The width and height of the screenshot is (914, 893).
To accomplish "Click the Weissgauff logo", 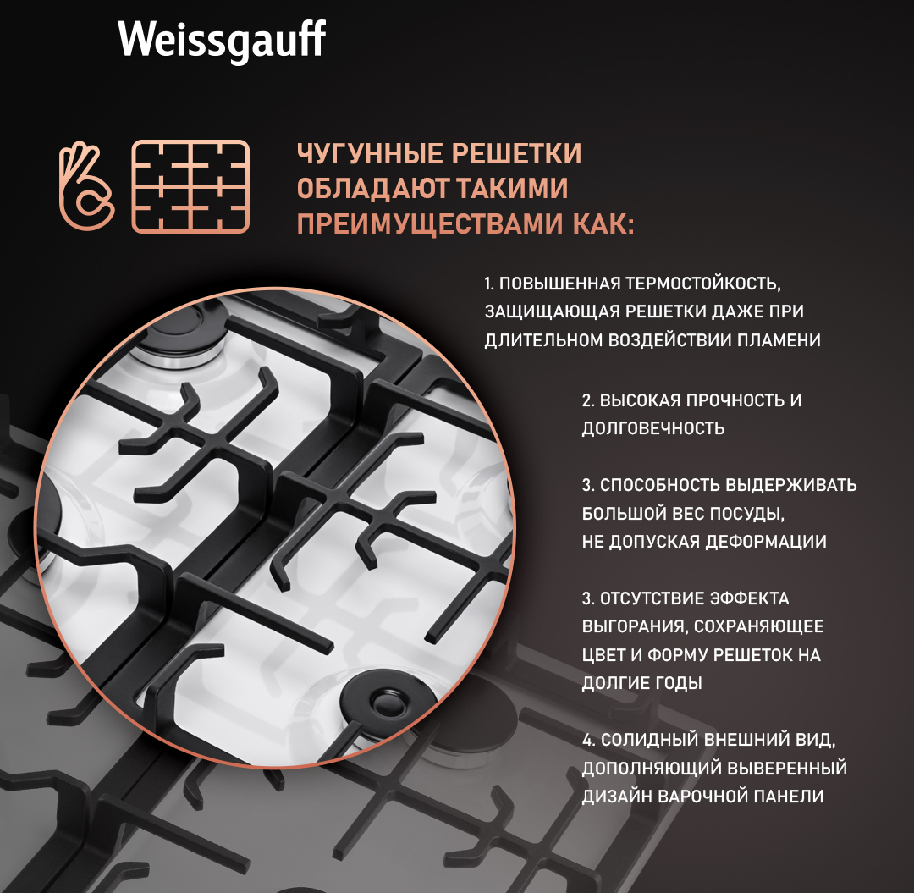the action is coord(222,41).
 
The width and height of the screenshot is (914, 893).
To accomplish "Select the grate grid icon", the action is coord(190,186).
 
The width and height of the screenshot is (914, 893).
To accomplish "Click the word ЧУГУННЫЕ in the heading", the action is coord(370,154).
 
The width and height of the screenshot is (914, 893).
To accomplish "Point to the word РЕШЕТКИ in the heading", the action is coord(516,154).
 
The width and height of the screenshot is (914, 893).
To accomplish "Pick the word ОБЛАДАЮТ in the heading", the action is coord(372,188).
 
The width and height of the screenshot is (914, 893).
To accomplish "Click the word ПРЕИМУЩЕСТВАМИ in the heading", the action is coord(430,223).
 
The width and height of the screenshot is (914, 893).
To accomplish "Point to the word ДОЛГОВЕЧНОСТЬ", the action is coord(652,428).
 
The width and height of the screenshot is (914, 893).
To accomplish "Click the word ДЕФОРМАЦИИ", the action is coord(766,542).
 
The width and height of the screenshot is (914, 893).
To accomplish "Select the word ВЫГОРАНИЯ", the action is coord(635,626).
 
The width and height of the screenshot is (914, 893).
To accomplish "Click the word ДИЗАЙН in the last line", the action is coord(616,797).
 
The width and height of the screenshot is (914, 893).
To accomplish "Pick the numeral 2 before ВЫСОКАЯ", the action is coord(588,400).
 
